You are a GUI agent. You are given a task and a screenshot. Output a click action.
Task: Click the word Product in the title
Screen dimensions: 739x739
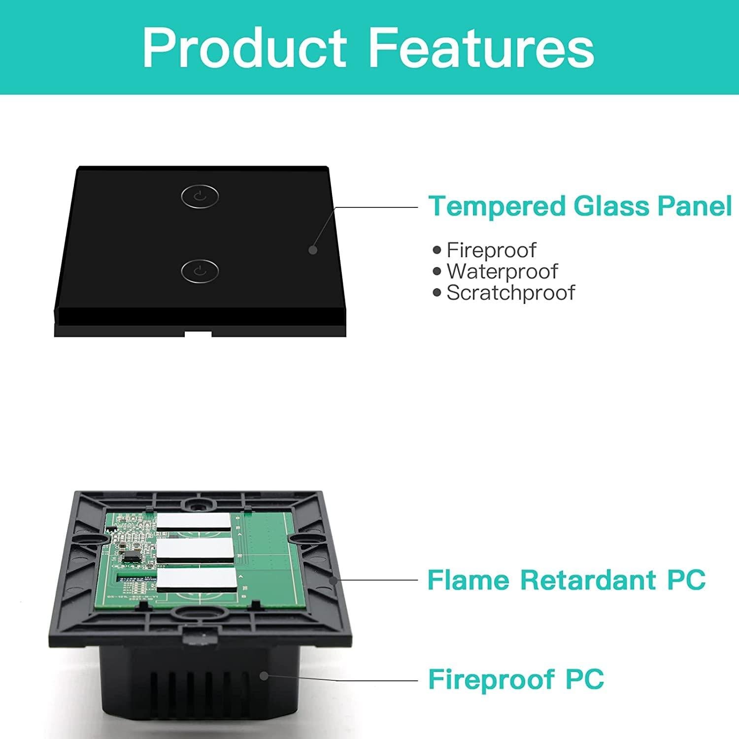pos(245,48)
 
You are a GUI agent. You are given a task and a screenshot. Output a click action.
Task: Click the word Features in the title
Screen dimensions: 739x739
pos(481,48)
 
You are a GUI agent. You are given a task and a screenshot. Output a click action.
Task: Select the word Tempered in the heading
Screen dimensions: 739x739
pos(497,206)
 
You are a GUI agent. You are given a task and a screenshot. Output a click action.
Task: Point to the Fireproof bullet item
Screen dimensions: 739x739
pos(491,250)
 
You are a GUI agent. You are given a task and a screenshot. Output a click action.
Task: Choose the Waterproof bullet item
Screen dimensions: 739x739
pos(502,271)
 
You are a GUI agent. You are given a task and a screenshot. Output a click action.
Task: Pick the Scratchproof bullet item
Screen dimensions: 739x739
pos(510,293)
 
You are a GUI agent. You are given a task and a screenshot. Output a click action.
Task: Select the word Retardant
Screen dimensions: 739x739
pos(589,580)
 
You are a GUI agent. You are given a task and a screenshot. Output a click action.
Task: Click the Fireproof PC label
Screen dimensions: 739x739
pos(516,679)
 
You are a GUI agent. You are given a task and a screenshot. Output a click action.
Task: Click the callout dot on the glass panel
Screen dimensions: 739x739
pos(312,250)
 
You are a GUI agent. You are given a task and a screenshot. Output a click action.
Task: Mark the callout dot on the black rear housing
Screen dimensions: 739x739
pos(265,676)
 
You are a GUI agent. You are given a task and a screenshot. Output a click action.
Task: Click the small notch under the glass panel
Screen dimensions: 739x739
pos(198,334)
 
